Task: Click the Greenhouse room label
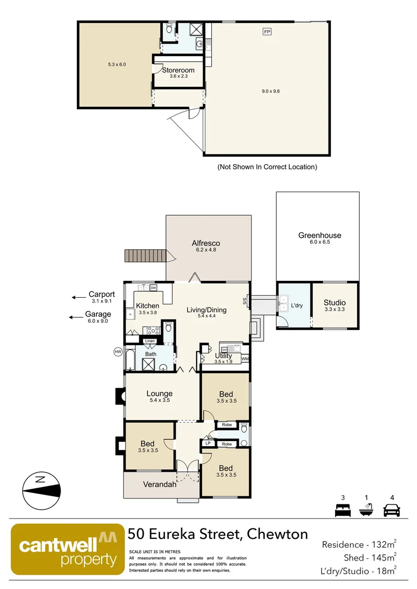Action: coord(319,236)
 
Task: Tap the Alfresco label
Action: coord(206,243)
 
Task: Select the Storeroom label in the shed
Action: coord(178,70)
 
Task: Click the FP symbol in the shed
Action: coord(267,32)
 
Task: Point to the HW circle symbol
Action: coord(117,352)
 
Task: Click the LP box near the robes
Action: coord(208,443)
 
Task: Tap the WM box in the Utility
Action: coord(245,358)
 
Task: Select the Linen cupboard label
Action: coord(150,341)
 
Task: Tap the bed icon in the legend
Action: coord(342,511)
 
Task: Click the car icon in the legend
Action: coord(391,511)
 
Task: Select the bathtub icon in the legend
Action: coord(366,510)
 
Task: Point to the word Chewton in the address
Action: coord(277,534)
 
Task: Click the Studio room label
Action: coord(335,303)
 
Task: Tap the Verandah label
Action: coord(159,484)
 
